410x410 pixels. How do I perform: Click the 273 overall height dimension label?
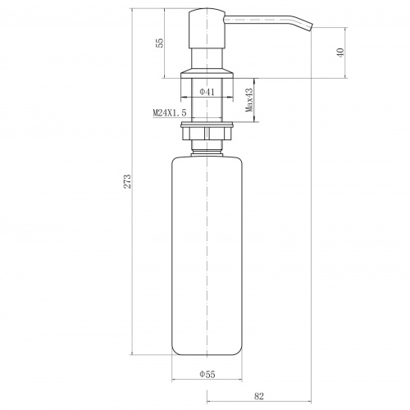point(127,181)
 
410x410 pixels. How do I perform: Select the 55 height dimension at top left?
point(160,43)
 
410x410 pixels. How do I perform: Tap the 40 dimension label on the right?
point(340,52)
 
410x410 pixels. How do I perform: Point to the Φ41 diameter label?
point(207,92)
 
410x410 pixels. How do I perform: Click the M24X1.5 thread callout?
point(170,112)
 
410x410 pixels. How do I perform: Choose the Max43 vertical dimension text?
point(249,100)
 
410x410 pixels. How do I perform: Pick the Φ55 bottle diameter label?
point(207,374)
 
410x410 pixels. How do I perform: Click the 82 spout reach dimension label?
point(259,396)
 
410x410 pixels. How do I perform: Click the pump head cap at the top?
point(207,29)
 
